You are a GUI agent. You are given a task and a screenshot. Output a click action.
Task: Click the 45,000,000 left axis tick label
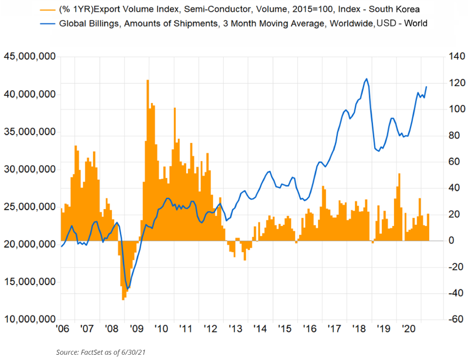point(29,57)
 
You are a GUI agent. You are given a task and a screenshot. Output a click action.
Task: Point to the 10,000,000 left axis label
point(29,320)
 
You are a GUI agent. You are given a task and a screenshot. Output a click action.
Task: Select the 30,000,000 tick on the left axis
point(29,170)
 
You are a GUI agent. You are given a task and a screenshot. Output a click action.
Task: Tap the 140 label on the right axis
point(443,57)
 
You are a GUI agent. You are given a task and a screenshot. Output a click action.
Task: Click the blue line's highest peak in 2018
point(367,79)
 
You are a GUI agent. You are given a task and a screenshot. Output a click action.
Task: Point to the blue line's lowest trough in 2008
point(128,289)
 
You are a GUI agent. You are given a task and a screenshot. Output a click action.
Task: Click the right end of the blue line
point(427,87)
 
